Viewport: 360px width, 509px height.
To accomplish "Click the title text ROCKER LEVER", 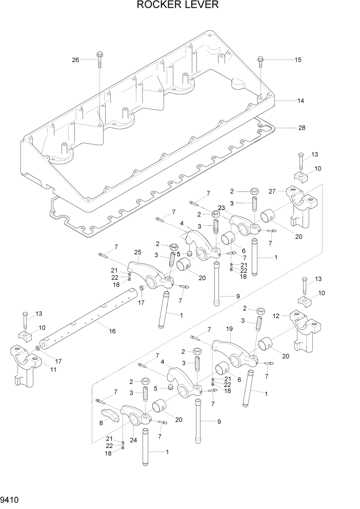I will tap(177, 6).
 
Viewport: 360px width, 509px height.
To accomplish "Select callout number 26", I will tap(75, 60).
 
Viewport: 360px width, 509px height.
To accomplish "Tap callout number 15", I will tap(297, 60).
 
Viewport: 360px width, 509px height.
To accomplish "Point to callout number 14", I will tap(301, 101).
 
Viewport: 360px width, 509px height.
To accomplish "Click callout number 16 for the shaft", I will tap(112, 331).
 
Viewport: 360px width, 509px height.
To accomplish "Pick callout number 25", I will tap(137, 252).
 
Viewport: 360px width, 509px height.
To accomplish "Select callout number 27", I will tap(273, 191).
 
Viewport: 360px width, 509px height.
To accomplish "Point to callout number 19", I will tap(230, 329).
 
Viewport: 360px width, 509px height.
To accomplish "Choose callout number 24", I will tap(134, 439).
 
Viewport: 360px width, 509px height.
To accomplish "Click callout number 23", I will tap(221, 208).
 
